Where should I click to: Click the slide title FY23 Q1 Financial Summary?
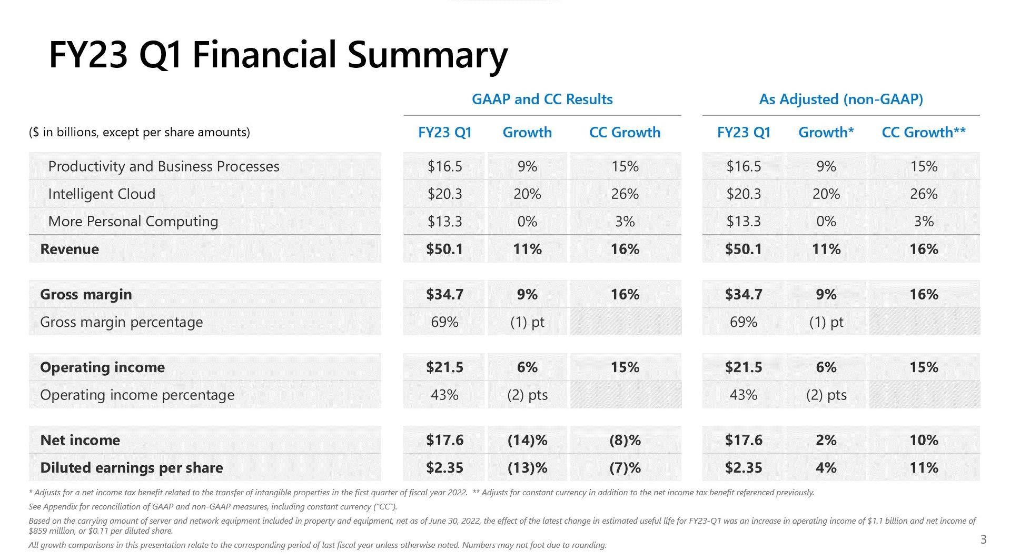(x=278, y=55)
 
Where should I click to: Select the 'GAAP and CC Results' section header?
(x=542, y=99)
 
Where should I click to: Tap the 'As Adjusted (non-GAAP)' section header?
(x=840, y=99)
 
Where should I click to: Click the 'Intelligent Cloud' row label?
(x=102, y=194)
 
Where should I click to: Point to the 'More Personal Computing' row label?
(x=133, y=222)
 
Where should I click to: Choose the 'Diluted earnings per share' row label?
(x=131, y=468)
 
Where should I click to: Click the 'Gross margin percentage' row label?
(x=121, y=322)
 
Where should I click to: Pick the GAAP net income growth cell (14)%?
(x=527, y=440)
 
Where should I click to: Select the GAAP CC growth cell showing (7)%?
(x=625, y=468)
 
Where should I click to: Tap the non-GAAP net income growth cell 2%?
(x=826, y=440)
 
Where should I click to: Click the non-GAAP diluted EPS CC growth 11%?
(x=924, y=468)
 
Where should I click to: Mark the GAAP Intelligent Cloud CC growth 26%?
(x=625, y=194)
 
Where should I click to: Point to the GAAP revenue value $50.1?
(x=444, y=249)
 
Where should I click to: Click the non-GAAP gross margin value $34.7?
(x=743, y=294)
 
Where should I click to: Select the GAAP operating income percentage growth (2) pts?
(x=527, y=395)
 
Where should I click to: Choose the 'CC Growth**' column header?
(x=924, y=133)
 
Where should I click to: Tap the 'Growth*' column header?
(x=826, y=133)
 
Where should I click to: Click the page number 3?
(x=983, y=539)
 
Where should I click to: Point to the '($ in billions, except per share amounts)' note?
(x=139, y=132)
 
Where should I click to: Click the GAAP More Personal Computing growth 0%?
(x=527, y=222)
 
